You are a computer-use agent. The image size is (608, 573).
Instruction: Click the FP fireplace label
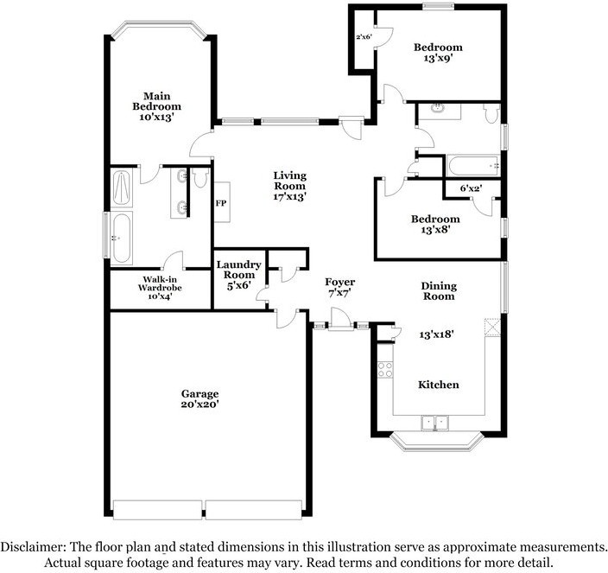(x=221, y=203)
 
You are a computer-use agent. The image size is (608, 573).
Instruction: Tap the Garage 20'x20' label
(x=200, y=399)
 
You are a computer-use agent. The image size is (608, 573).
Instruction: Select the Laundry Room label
(x=238, y=275)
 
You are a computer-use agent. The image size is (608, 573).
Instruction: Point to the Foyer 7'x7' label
(x=339, y=288)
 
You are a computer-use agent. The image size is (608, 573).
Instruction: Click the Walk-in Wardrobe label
(x=160, y=288)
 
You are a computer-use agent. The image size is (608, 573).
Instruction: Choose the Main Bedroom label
(x=156, y=106)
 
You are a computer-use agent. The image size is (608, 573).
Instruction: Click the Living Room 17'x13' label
(x=289, y=186)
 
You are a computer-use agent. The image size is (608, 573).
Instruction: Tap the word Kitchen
(x=439, y=385)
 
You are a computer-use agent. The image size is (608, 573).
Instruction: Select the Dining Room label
(x=439, y=291)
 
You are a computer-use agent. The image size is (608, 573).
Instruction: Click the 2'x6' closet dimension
(x=364, y=37)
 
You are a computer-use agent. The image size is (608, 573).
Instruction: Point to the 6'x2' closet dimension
(x=471, y=188)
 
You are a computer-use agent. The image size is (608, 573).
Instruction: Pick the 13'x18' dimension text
(x=437, y=334)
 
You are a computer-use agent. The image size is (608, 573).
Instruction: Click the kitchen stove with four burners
(x=385, y=369)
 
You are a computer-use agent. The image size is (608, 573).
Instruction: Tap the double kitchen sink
(x=434, y=423)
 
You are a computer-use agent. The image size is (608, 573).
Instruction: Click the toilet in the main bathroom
(x=200, y=178)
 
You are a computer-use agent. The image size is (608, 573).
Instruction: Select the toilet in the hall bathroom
(x=491, y=113)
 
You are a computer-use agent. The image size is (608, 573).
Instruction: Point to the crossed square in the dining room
(x=492, y=327)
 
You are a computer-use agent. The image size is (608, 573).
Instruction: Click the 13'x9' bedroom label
(x=438, y=53)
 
